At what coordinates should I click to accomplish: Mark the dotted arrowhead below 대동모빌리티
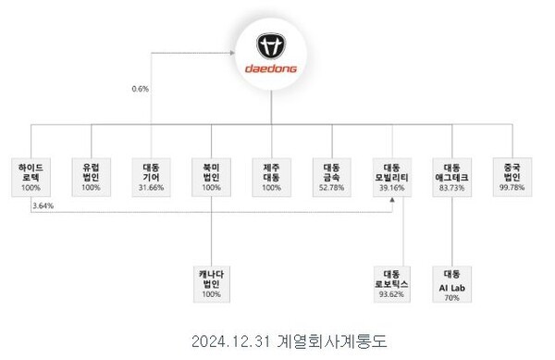click(x=392, y=203)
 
